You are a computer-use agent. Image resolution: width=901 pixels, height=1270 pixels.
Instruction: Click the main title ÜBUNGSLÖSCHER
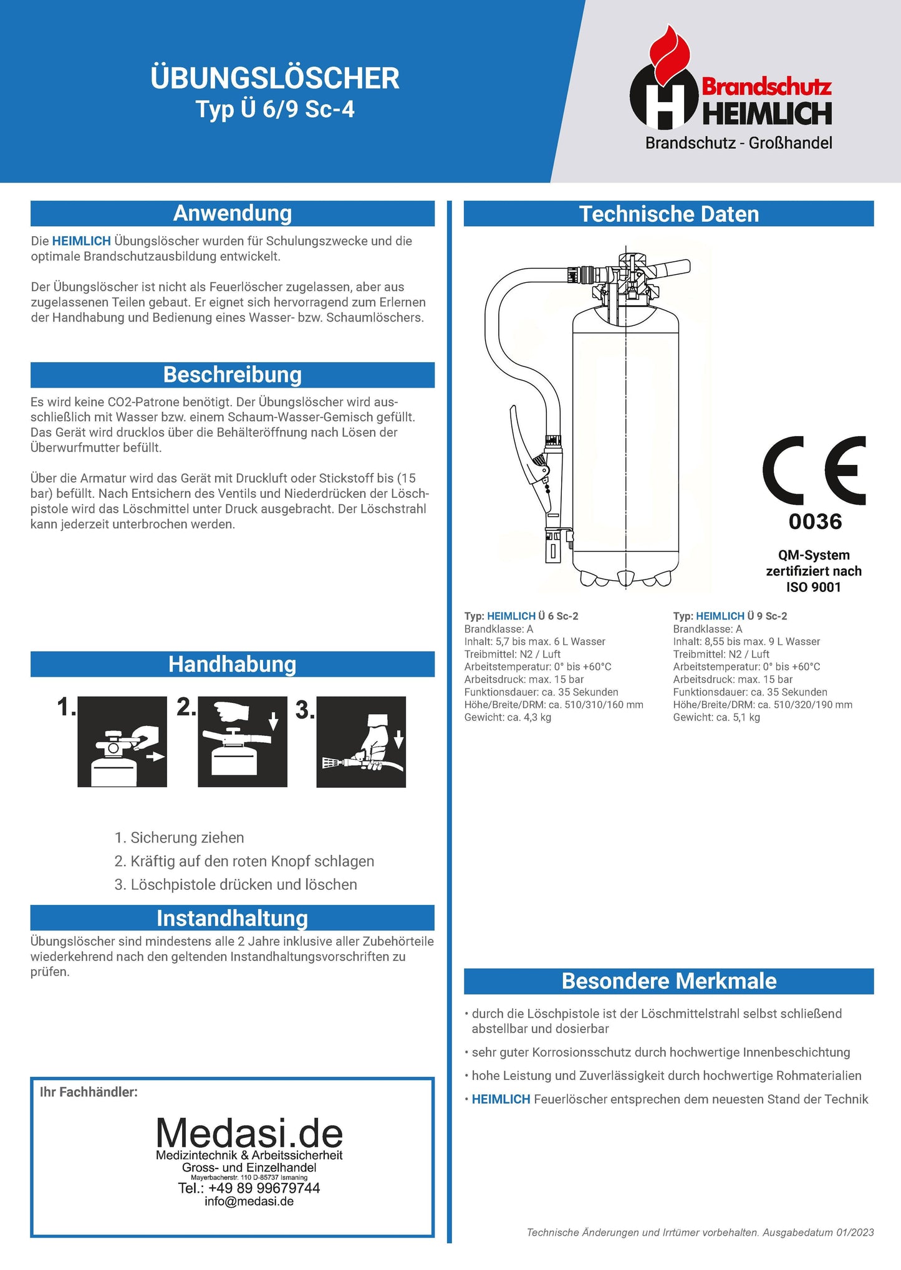pyautogui.click(x=275, y=79)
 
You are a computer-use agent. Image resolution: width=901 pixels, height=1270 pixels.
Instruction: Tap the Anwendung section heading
pyautogui.click(x=233, y=214)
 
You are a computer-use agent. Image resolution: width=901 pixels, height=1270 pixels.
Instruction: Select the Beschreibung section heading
pyautogui.click(x=233, y=375)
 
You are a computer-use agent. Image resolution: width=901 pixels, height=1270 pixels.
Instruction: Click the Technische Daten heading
pyautogui.click(x=669, y=214)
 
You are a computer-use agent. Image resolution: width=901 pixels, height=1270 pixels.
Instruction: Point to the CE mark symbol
pyautogui.click(x=814, y=470)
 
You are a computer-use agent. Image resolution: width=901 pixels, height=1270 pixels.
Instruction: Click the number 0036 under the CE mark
pyautogui.click(x=815, y=522)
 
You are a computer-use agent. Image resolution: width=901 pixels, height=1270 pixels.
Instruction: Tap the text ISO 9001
pyautogui.click(x=814, y=588)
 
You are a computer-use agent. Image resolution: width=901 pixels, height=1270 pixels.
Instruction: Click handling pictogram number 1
pyautogui.click(x=122, y=742)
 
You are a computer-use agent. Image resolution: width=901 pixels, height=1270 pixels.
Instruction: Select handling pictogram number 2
pyautogui.click(x=243, y=742)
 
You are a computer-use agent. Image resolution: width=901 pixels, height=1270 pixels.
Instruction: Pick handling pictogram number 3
pyautogui.click(x=361, y=742)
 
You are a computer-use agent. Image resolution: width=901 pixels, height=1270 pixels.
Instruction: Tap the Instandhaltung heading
pyautogui.click(x=233, y=919)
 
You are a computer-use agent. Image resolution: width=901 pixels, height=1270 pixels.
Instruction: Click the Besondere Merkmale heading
pyautogui.click(x=669, y=981)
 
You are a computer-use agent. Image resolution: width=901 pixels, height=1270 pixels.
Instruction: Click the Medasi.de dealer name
pyautogui.click(x=249, y=1134)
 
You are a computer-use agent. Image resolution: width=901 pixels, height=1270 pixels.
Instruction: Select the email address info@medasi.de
pyautogui.click(x=249, y=1202)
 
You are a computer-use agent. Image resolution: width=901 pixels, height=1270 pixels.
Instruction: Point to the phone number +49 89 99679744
pyautogui.click(x=249, y=1188)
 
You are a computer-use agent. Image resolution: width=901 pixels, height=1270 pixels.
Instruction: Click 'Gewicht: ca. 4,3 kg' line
pyautogui.click(x=508, y=718)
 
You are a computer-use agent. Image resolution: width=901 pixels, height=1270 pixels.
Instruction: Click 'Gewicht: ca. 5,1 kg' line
pyautogui.click(x=716, y=718)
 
